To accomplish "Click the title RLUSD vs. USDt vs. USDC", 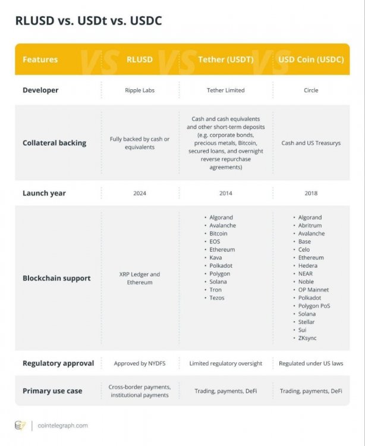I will click(88, 21).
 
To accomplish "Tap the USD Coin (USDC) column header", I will click(310, 59).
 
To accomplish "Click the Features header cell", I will click(40, 59).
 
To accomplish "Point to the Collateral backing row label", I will click(54, 143).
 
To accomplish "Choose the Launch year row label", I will click(44, 193).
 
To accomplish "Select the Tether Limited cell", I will click(225, 90).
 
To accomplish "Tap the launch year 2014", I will click(225, 193).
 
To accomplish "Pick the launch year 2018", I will click(310, 193).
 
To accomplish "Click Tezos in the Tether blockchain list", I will click(217, 298).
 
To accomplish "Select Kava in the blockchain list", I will click(216, 258).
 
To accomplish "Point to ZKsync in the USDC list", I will click(307, 338).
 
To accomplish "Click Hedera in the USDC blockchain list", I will click(308, 266).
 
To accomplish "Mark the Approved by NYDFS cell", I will click(140, 363).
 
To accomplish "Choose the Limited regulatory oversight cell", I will click(225, 363).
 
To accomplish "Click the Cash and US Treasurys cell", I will click(310, 143).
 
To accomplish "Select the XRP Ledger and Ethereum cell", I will click(140, 278).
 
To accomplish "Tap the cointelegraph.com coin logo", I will click(20, 425).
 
